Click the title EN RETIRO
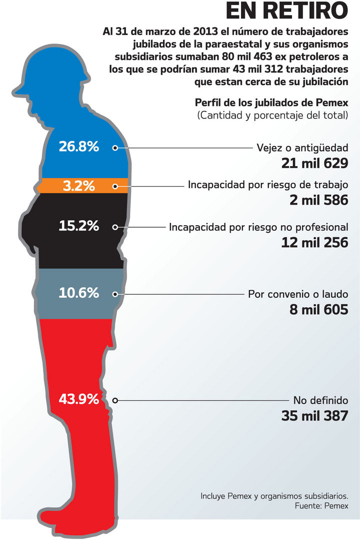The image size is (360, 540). coord(286,11)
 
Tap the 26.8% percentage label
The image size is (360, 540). coord(78,147)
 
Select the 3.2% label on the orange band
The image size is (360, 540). coord(78,186)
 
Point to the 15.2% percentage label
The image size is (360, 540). coord(78,226)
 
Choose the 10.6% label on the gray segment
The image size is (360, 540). coord(78,293)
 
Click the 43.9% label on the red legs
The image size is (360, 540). coord(78,399)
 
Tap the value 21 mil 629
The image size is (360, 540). coord(314,164)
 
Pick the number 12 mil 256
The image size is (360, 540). coord(314,242)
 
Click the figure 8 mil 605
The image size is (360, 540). coord(318,309)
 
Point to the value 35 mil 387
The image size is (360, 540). coord(314,415)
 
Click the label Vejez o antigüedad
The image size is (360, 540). coord(302,148)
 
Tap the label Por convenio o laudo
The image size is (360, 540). coord(298,294)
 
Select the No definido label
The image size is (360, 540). coord(320,400)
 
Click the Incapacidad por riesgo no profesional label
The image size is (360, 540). coord(258,227)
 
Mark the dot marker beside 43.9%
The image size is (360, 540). coord(115,400)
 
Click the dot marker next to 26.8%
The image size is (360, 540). coord(115,148)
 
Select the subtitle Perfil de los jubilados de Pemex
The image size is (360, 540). coord(271,103)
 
